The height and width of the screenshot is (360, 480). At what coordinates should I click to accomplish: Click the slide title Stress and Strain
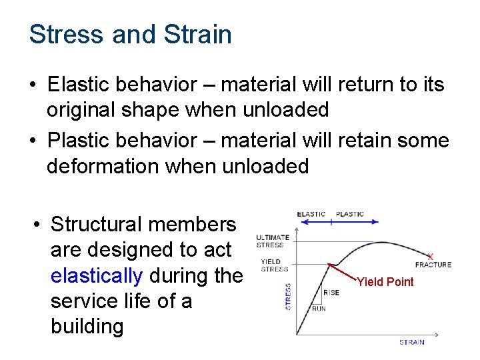point(131,34)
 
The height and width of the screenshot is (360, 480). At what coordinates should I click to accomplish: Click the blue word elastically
point(96,275)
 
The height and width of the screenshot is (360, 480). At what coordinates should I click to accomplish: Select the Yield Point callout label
point(385,282)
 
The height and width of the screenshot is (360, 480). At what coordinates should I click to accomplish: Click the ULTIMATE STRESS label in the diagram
point(273,241)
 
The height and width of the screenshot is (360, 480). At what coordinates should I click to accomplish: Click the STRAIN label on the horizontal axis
point(411,342)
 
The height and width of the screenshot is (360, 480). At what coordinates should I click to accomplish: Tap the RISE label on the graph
point(331,293)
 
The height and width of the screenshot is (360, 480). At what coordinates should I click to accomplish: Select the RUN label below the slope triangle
point(319,309)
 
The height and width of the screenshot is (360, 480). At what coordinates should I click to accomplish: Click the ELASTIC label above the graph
point(311,214)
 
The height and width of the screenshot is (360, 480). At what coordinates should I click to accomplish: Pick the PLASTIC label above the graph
point(350,214)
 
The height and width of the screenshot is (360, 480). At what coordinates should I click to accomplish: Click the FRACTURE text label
point(433,265)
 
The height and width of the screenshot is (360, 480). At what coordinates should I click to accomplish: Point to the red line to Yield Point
point(343,272)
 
